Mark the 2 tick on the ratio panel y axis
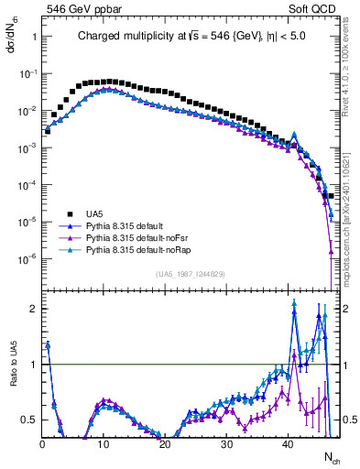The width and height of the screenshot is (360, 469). [x=32, y=309]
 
